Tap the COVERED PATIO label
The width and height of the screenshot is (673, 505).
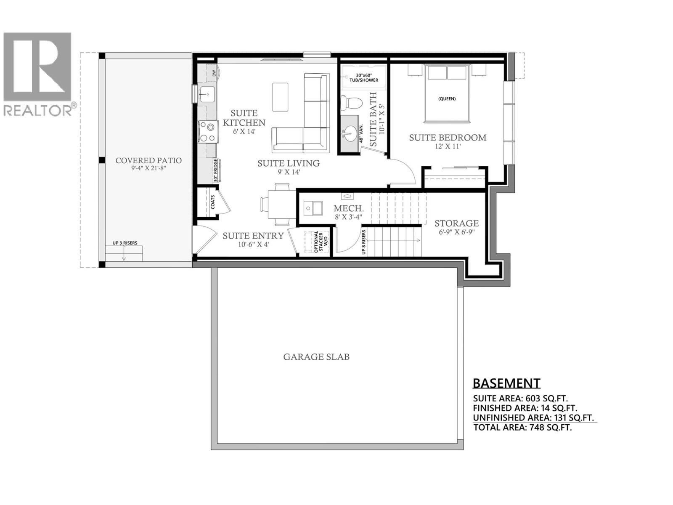pyautogui.click(x=148, y=160)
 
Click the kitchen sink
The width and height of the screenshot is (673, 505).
pyautogui.click(x=206, y=94)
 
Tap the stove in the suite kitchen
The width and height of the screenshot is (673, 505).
pyautogui.click(x=208, y=131)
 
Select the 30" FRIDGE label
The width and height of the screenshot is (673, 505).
pyautogui.click(x=216, y=171)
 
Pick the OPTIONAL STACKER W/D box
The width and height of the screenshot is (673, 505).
pyautogui.click(x=319, y=242)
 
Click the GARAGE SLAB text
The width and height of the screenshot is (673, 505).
pyautogui.click(x=316, y=357)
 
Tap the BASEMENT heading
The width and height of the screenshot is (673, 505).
pyautogui.click(x=506, y=383)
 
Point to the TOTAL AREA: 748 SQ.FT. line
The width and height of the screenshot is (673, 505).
pyautogui.click(x=522, y=428)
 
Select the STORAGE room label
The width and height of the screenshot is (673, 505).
pyautogui.click(x=456, y=223)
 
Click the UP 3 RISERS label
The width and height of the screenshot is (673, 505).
pyautogui.click(x=125, y=243)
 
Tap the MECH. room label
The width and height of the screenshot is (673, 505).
pyautogui.click(x=348, y=208)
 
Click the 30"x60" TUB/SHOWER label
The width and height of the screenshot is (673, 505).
pyautogui.click(x=364, y=78)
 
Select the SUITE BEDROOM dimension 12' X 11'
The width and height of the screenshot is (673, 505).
pyautogui.click(x=448, y=147)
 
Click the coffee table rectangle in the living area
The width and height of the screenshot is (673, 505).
pyautogui.click(x=280, y=97)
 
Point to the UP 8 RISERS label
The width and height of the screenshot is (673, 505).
pyautogui.click(x=364, y=242)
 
